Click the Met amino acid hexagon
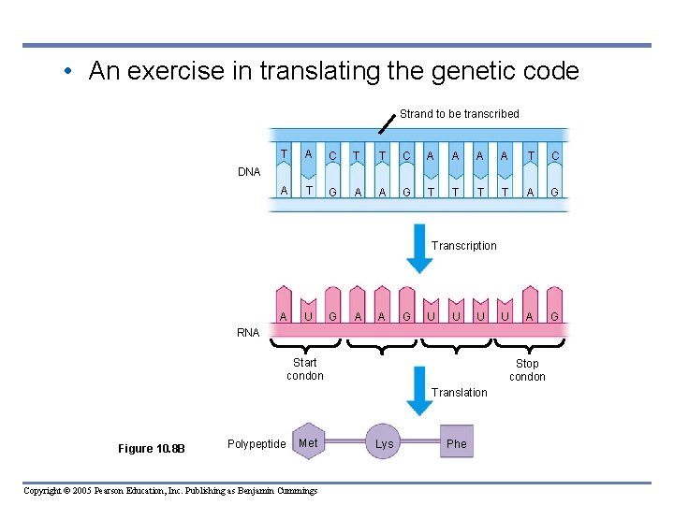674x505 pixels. click(x=308, y=442)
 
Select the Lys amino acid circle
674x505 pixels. click(x=384, y=443)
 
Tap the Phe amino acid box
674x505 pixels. click(x=457, y=443)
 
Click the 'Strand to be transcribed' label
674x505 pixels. click(x=459, y=113)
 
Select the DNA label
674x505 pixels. click(x=249, y=172)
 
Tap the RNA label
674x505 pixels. click(x=248, y=332)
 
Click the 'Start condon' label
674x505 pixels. click(x=304, y=368)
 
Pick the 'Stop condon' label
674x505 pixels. click(x=527, y=369)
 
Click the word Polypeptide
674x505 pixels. click(x=256, y=443)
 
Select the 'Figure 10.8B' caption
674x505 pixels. click(x=152, y=448)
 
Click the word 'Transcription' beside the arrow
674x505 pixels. click(x=464, y=246)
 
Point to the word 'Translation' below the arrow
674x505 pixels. click(x=460, y=393)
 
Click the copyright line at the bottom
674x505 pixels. click(x=170, y=490)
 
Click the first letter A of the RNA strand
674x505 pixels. click(x=283, y=316)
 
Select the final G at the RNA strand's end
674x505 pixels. click(x=554, y=316)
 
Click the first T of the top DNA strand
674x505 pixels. click(x=284, y=152)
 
